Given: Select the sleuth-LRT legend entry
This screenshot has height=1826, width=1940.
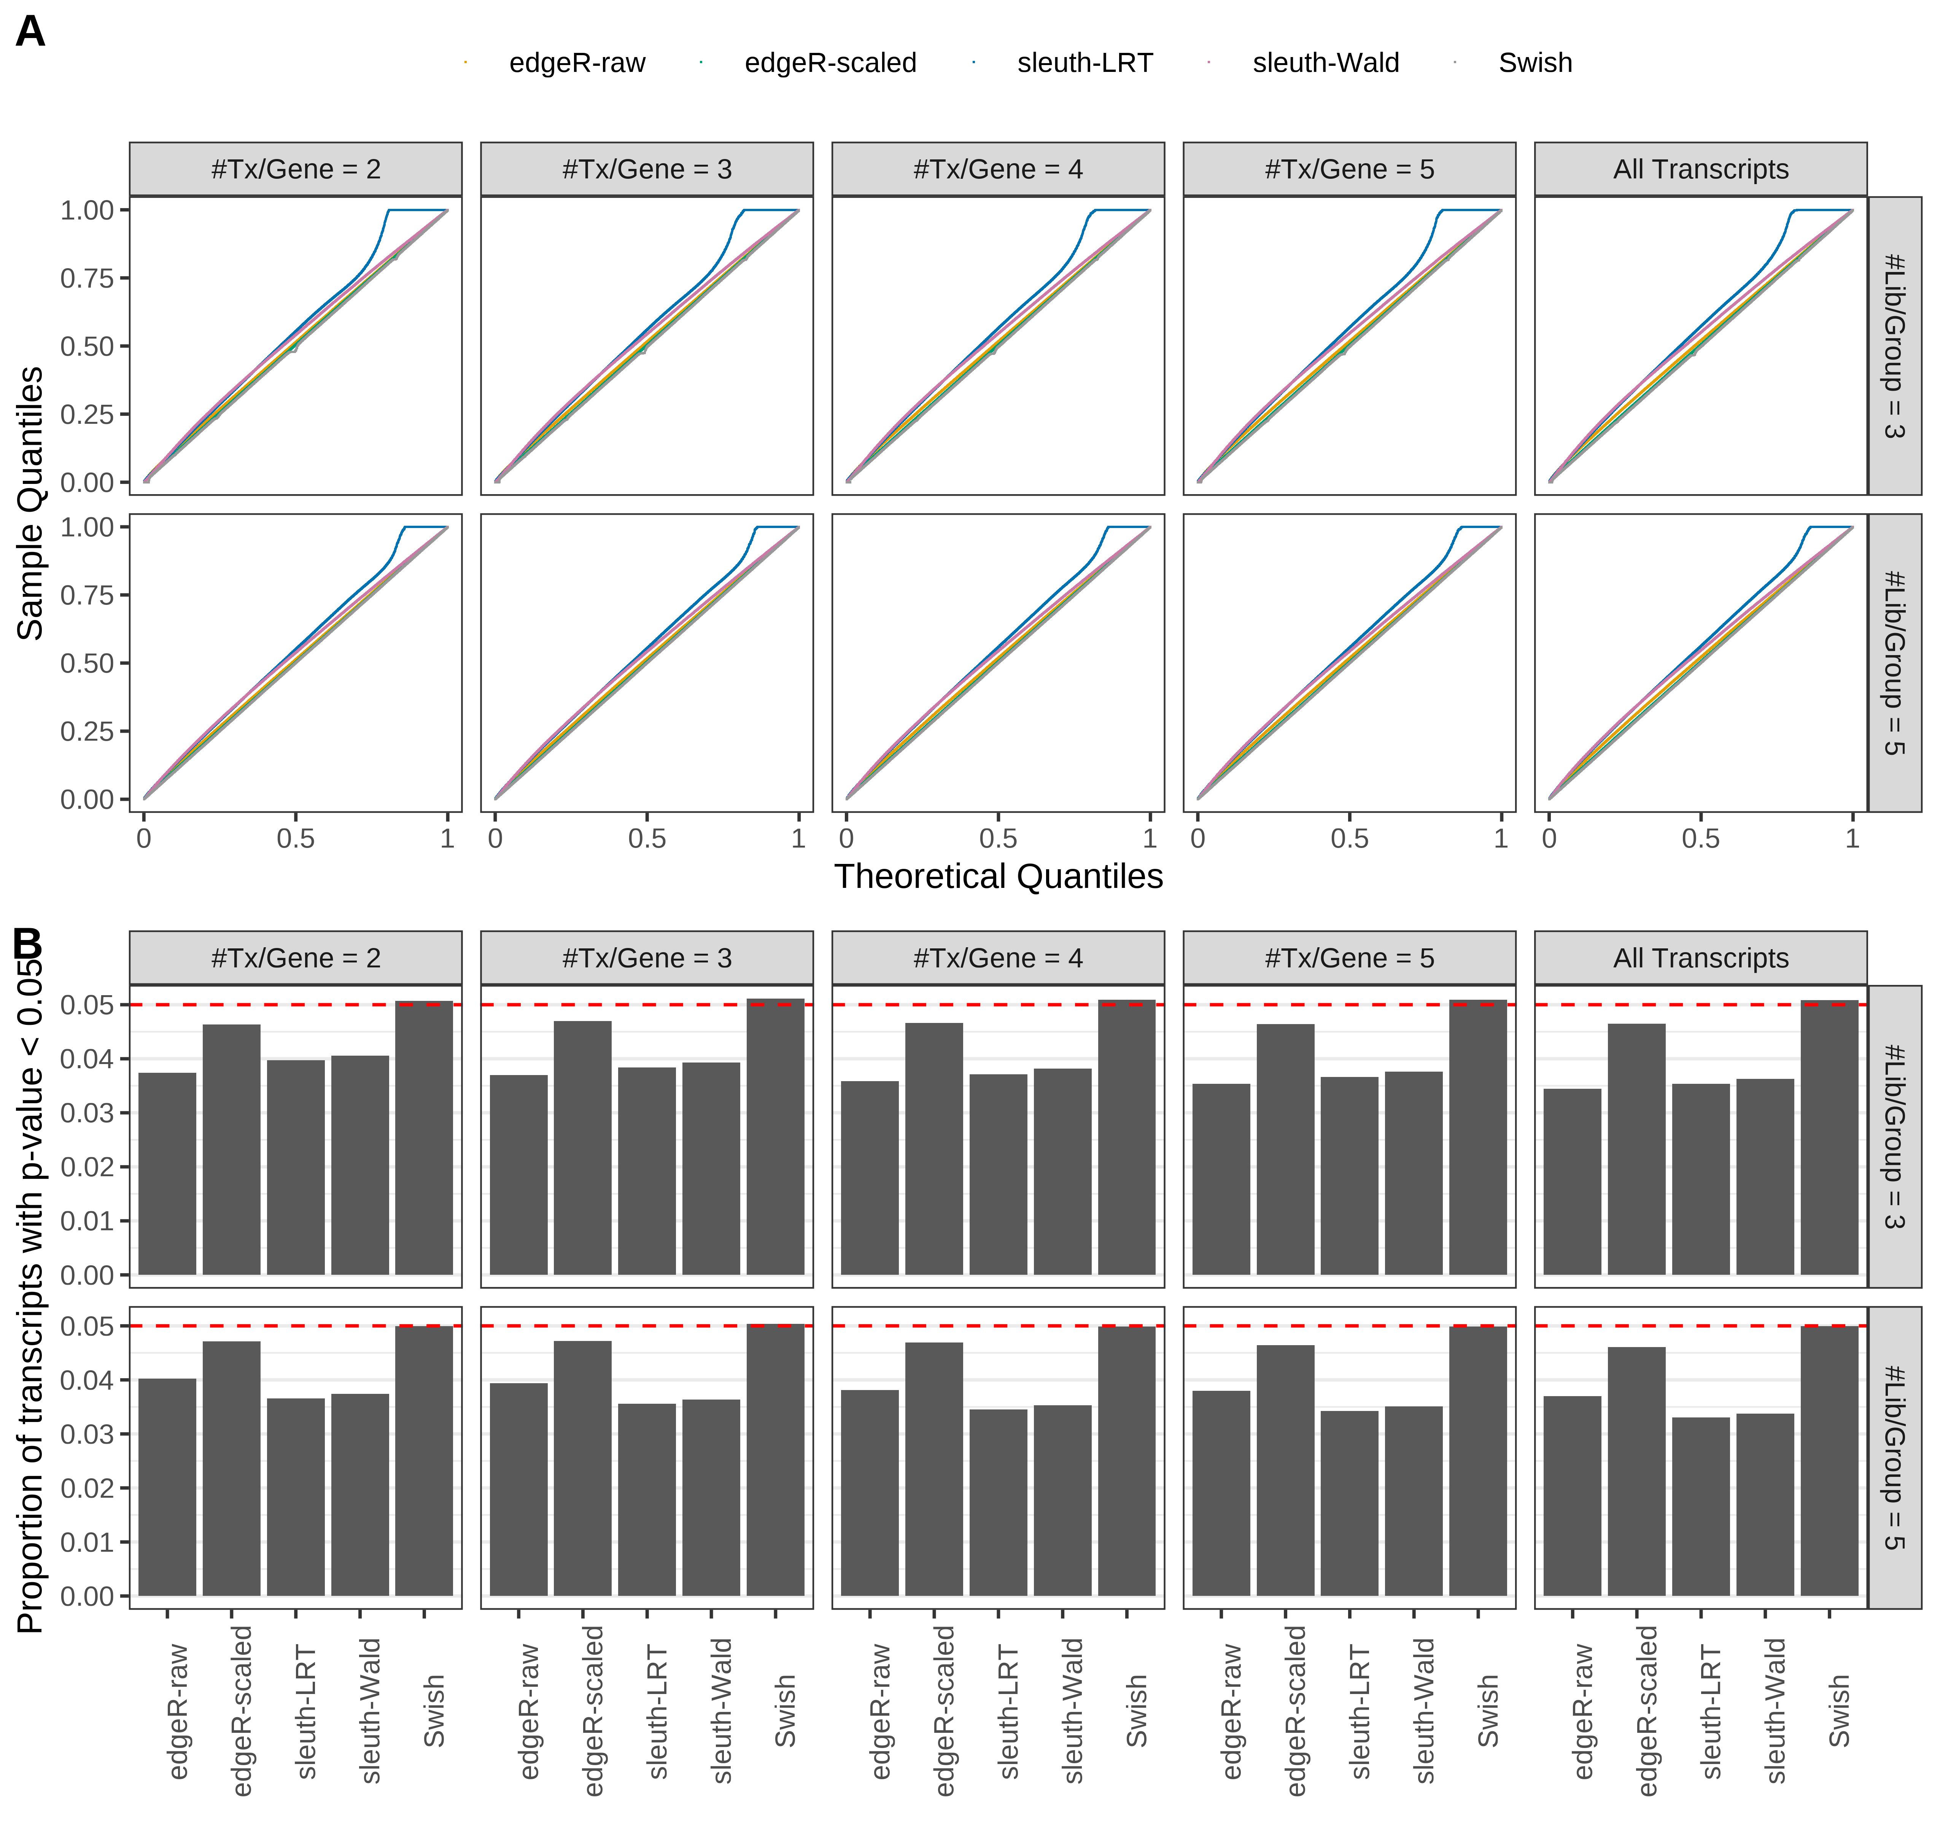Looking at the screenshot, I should [x=1084, y=64].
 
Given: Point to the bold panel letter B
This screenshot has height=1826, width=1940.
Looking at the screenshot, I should [x=27, y=944].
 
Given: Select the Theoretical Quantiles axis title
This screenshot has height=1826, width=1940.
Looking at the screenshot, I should [x=997, y=876].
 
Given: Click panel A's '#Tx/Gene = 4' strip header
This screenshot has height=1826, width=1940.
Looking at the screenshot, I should [x=997, y=170].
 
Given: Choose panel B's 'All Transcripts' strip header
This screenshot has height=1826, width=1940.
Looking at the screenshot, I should [x=1700, y=958].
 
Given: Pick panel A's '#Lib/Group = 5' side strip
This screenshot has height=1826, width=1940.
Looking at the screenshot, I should [x=1894, y=663].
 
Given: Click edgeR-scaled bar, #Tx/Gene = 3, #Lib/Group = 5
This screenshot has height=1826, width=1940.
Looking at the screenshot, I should [x=583, y=1469].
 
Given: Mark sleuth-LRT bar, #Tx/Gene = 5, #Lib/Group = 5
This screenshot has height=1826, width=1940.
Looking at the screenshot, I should [x=1350, y=1503].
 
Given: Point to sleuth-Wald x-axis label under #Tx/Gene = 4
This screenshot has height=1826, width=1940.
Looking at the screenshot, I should [x=1072, y=1711].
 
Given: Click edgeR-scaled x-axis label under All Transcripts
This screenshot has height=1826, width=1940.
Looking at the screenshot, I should [x=1647, y=1711].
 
